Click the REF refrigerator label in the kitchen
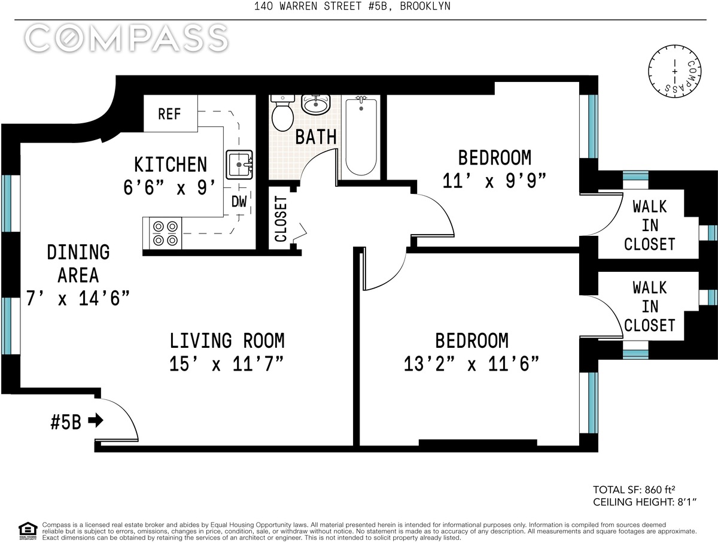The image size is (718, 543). tap(169, 114)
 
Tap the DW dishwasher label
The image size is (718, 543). tap(239, 202)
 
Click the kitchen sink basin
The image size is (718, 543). tap(239, 165)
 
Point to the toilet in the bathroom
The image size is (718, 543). tap(283, 113)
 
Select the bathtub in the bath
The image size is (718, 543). tap(361, 137)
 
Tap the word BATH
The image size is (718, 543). tap(316, 137)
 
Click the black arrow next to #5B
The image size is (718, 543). tap(96, 420)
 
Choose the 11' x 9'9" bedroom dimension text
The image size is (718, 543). tap(495, 181)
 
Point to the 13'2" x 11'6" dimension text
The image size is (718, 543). tap(471, 363)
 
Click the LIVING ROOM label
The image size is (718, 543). tap(227, 341)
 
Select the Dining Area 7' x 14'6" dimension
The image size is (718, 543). tap(78, 298)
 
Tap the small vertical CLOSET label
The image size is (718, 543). tap(281, 219)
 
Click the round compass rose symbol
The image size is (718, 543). tap(675, 71)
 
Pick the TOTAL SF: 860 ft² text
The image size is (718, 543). tap(634, 490)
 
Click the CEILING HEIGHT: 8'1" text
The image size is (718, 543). tap(645, 502)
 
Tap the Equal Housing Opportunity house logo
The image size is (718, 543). tap(28, 531)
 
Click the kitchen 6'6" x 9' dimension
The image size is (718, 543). tap(170, 188)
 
